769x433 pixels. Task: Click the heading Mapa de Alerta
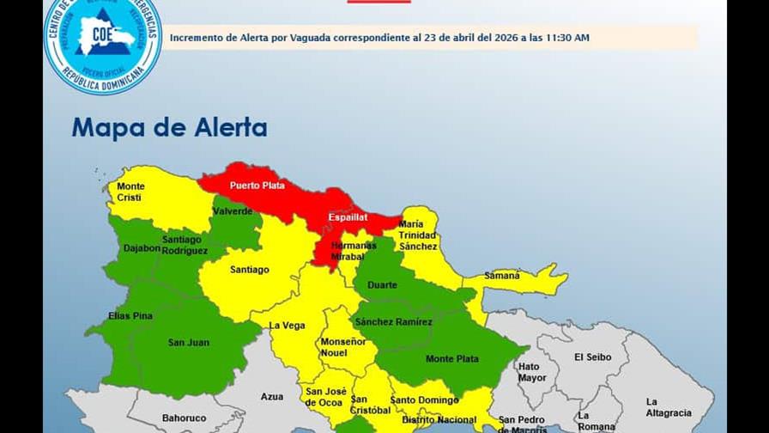point(169,128)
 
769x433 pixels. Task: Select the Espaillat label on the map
point(348,217)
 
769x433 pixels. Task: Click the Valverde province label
point(233,211)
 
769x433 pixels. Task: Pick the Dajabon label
point(142,248)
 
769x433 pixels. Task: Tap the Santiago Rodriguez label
point(185,245)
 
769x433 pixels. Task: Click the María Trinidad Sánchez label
point(418,235)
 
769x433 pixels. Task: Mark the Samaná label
point(502,276)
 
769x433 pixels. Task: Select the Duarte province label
point(382,285)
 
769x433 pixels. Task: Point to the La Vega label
point(288,326)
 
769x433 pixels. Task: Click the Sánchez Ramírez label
point(394,321)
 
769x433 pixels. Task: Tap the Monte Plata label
point(452,358)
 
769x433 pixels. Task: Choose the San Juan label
point(188,343)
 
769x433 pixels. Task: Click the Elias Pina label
point(130,316)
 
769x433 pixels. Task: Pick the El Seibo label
point(591,357)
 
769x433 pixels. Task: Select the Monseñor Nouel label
point(343,346)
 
